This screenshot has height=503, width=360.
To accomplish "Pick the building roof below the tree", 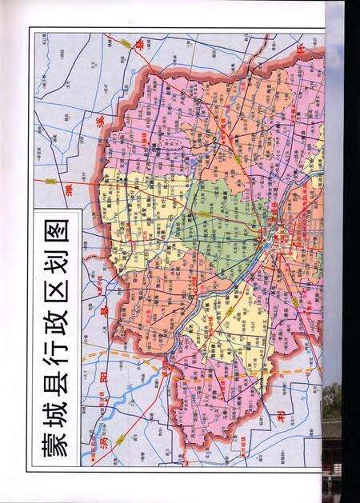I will click(x=332, y=436).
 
